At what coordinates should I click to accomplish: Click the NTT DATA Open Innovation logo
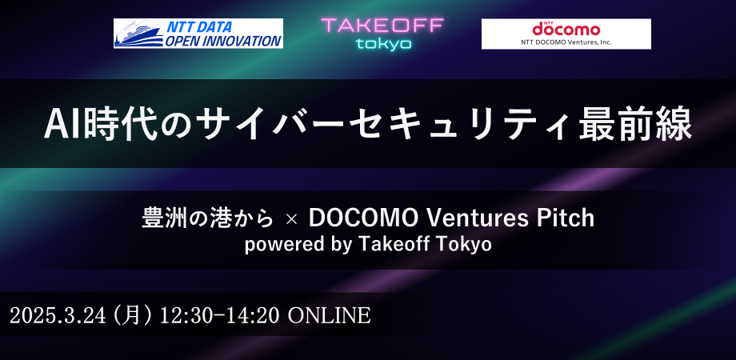click(x=198, y=34)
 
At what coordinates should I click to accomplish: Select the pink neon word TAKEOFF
click(x=382, y=26)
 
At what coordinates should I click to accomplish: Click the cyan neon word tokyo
click(x=383, y=44)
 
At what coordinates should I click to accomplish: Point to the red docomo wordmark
click(x=566, y=29)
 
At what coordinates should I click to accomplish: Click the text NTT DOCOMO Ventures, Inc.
click(x=566, y=42)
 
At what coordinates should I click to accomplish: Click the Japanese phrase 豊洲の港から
click(x=207, y=218)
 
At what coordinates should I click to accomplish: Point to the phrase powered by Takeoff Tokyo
click(x=368, y=245)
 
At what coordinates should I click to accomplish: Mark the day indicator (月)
click(x=131, y=315)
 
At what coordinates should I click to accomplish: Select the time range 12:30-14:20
click(x=220, y=315)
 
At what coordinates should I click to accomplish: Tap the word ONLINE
click(x=329, y=315)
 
